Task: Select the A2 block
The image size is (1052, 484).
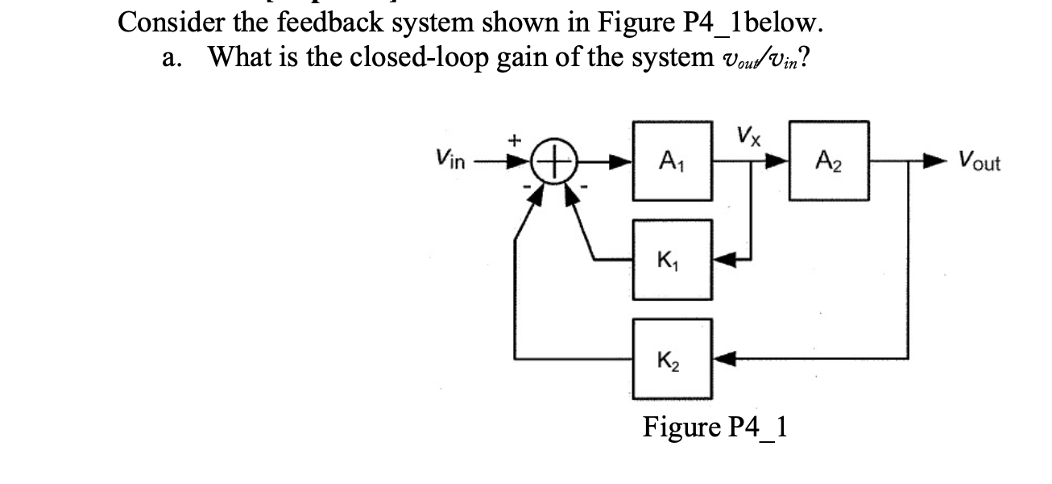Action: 829,161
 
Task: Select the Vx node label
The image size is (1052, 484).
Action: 748,134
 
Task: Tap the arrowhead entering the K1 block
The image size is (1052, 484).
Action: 723,260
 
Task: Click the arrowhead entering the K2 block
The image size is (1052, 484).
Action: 723,357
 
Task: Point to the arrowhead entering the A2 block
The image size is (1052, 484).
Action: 778,161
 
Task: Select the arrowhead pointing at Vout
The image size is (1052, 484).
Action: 940,161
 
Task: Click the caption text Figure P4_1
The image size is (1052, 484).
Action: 714,426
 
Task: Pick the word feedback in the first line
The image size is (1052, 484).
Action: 342,22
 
